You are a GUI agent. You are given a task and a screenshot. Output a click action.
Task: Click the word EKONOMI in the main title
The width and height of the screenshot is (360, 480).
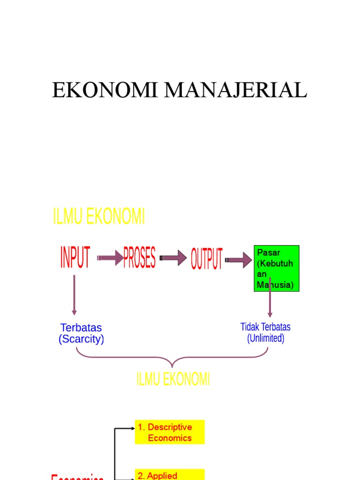click(105, 90)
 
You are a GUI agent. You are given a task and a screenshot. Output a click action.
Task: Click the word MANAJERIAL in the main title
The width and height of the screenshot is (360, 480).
click(234, 90)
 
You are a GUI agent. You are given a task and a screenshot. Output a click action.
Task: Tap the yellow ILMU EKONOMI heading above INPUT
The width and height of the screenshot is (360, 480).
click(98, 217)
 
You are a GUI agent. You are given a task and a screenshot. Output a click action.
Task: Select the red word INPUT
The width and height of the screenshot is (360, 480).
click(75, 257)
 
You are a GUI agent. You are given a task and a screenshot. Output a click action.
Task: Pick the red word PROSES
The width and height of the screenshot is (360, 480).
click(139, 257)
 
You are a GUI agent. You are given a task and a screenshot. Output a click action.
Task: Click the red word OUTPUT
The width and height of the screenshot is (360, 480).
click(206, 258)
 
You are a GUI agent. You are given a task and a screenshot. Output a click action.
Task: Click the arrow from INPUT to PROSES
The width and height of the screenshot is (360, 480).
click(111, 258)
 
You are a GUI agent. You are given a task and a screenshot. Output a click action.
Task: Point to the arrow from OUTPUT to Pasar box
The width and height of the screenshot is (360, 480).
click(239, 260)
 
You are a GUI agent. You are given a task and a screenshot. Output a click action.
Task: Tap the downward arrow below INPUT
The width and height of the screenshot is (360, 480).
click(74, 295)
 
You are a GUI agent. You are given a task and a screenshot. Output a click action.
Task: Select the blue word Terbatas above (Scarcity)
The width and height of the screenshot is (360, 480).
click(81, 328)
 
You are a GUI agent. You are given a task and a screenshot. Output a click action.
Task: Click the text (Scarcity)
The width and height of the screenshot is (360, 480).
click(81, 339)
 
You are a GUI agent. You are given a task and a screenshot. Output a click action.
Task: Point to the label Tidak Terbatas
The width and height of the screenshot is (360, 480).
click(265, 327)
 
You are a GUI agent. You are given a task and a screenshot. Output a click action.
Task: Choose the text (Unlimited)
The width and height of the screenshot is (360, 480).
click(265, 338)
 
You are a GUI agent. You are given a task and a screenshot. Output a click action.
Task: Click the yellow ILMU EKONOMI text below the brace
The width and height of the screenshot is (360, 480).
click(173, 379)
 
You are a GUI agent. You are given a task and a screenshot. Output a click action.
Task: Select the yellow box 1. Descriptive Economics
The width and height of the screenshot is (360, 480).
click(170, 432)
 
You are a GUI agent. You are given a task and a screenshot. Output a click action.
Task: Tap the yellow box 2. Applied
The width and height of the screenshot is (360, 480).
click(170, 474)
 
